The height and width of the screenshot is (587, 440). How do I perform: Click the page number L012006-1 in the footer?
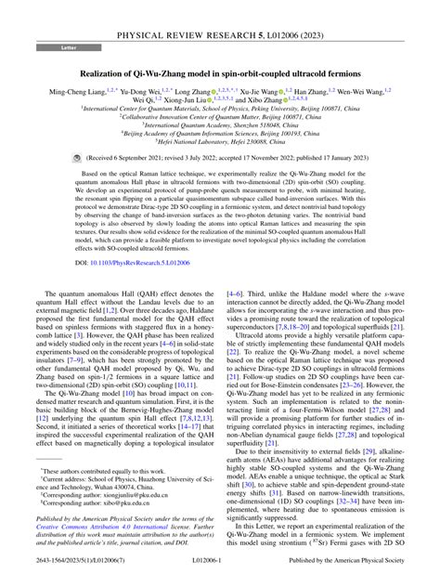click(219, 578)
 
